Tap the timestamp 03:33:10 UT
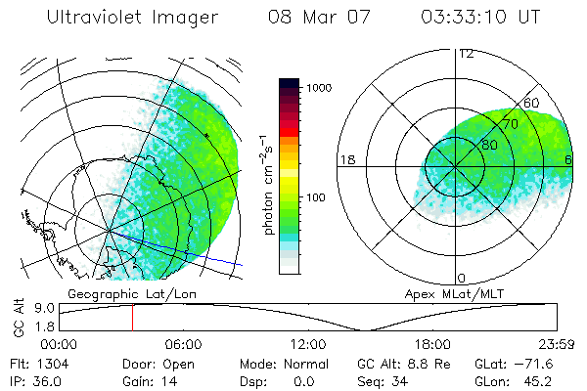pyautogui.click(x=480, y=18)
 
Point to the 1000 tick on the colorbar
pyautogui.click(x=323, y=88)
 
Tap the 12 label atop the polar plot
pyautogui.click(x=466, y=53)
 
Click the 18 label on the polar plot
pyautogui.click(x=346, y=159)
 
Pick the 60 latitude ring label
pyautogui.click(x=532, y=103)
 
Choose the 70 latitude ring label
pyautogui.click(x=510, y=124)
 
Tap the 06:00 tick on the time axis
pyautogui.click(x=183, y=344)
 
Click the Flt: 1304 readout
pyautogui.click(x=31, y=364)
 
